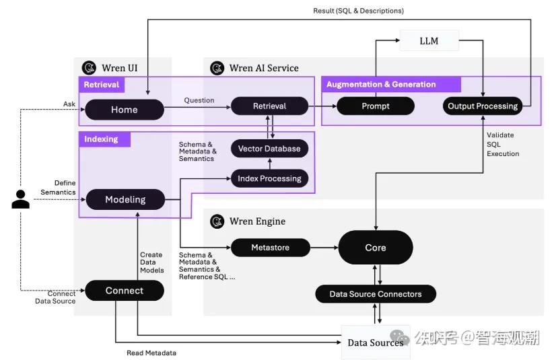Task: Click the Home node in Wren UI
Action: (125, 110)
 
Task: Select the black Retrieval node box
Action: (269, 106)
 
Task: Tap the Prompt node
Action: (375, 106)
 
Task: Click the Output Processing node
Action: (483, 106)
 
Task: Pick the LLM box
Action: (428, 41)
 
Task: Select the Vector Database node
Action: (269, 149)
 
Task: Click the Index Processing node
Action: (269, 178)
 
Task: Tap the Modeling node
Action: (125, 199)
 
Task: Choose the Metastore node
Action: (270, 248)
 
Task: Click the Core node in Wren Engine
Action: (375, 248)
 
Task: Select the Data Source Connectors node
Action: (375, 294)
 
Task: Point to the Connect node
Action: (125, 291)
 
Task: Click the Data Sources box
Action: (375, 343)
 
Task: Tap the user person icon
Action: (21, 199)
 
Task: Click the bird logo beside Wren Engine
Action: (217, 221)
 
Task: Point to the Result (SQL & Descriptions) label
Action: (358, 11)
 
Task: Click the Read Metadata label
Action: (151, 353)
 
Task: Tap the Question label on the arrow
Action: (199, 100)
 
